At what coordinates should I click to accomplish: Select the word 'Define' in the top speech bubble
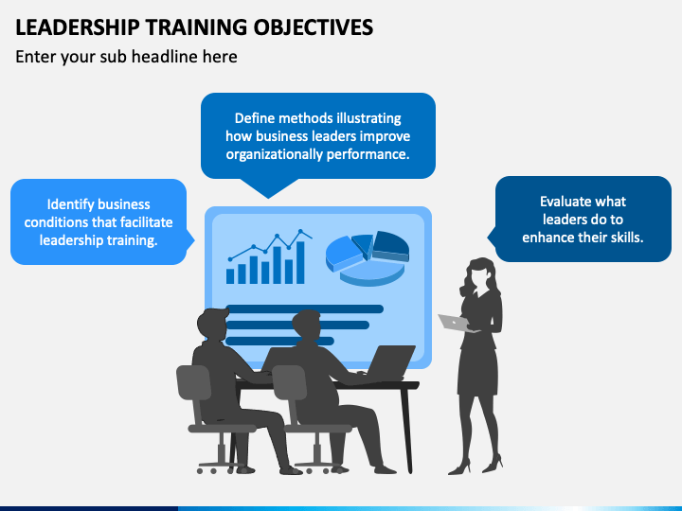(255, 118)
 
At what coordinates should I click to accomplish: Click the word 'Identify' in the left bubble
(71, 204)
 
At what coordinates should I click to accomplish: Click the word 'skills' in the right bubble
(622, 238)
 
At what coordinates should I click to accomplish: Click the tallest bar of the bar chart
(301, 262)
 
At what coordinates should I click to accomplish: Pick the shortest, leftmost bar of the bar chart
(230, 275)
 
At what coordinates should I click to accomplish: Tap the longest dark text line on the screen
(304, 308)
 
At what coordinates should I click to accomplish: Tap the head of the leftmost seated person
(213, 325)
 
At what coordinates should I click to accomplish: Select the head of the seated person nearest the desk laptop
(307, 327)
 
